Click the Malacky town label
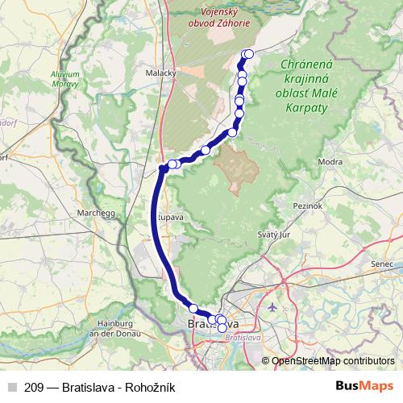(x=160, y=73)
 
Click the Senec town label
(x=381, y=264)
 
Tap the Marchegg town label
(x=93, y=213)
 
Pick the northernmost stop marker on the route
(x=248, y=54)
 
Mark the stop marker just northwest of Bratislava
(x=193, y=307)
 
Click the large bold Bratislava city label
(x=213, y=325)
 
